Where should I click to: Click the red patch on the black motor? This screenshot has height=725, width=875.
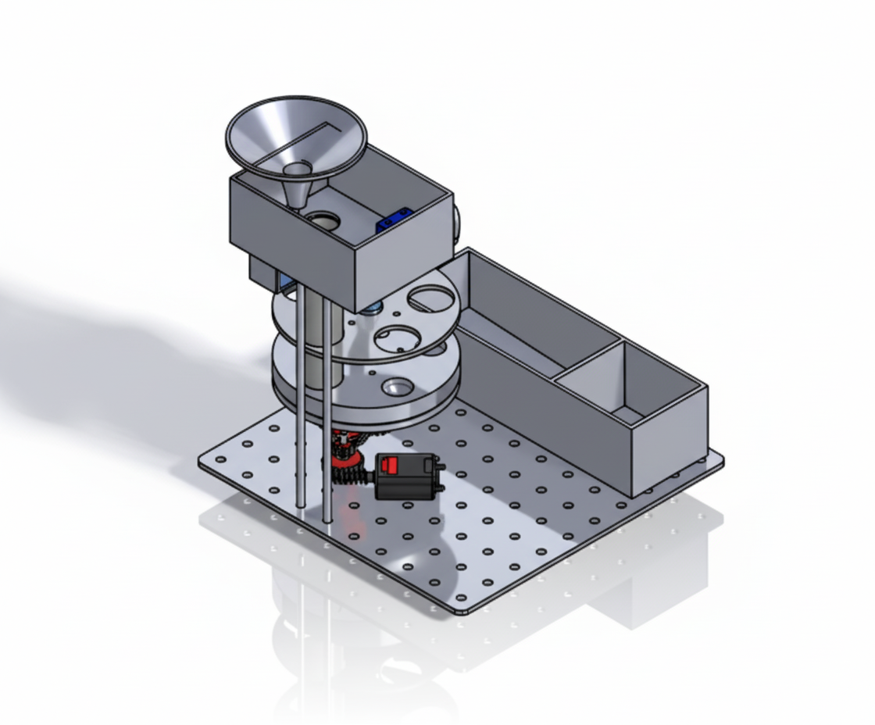click(x=389, y=466)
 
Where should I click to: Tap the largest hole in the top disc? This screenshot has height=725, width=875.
click(x=431, y=298)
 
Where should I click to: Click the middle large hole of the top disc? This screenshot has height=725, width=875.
click(x=398, y=338)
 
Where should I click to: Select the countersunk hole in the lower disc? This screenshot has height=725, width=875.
click(x=396, y=387)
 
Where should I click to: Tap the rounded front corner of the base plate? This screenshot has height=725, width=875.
click(x=462, y=609)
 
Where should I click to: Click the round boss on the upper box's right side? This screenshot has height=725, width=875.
click(x=456, y=221)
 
